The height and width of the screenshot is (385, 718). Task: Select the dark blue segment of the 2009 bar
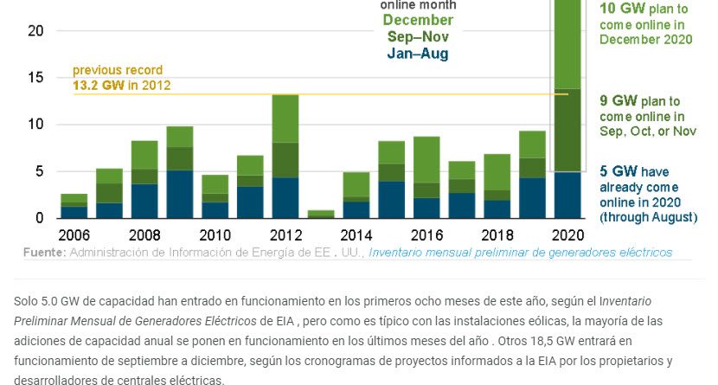(180, 194)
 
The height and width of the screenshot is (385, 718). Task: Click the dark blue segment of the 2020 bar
(567, 195)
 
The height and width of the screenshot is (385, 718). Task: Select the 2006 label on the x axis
(74, 235)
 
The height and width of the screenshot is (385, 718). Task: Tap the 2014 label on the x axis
(356, 235)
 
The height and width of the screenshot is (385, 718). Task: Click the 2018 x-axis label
(497, 235)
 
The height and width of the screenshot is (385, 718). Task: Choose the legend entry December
(418, 20)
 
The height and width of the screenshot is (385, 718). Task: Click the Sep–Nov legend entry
(418, 37)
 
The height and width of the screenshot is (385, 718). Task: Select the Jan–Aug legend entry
(418, 54)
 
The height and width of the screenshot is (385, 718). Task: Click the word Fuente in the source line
(43, 253)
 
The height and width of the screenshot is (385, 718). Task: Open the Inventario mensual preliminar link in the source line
(519, 253)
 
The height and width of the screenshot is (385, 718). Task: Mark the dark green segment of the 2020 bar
(567, 130)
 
